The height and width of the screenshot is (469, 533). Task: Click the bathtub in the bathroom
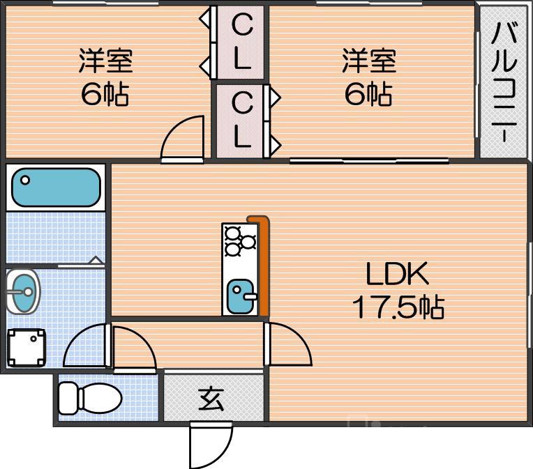pyautogui.click(x=56, y=187)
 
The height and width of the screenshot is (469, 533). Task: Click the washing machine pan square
pyautogui.click(x=27, y=347)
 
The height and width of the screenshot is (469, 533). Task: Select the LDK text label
pyautogui.click(x=398, y=275)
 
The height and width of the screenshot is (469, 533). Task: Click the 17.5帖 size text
pyautogui.click(x=398, y=307)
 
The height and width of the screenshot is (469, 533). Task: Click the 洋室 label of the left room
pyautogui.click(x=105, y=61)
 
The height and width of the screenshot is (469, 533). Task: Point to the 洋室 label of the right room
pyautogui.click(x=369, y=61)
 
